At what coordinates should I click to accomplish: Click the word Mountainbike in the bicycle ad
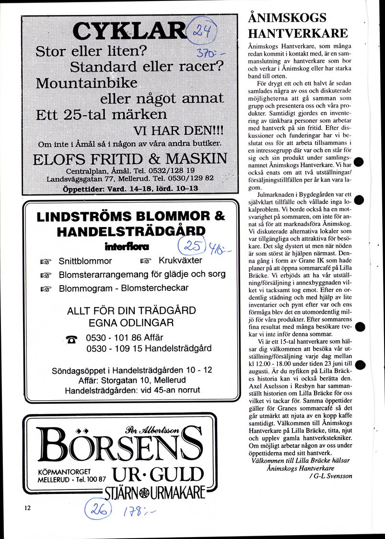point(87,83)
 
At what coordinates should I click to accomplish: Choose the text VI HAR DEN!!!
point(174,131)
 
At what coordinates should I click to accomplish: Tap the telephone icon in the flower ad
point(72,340)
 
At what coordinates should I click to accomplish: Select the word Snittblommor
point(85,262)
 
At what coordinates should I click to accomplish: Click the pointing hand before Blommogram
point(46,288)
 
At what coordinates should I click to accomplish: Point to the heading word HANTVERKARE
point(298,33)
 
